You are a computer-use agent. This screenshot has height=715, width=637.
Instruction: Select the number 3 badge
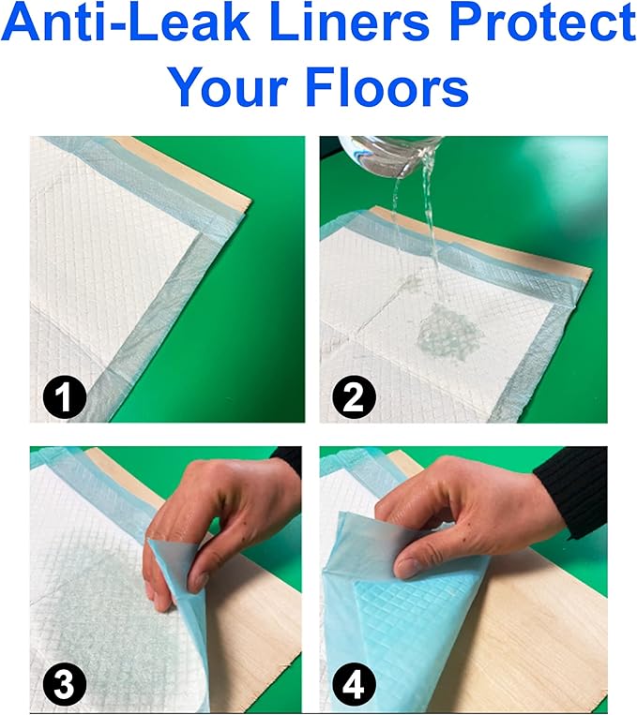pyautogui.click(x=65, y=684)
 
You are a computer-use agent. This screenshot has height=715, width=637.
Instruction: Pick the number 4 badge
pyautogui.click(x=354, y=684)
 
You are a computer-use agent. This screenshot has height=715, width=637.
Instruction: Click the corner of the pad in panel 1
pyautogui.click(x=201, y=233)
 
